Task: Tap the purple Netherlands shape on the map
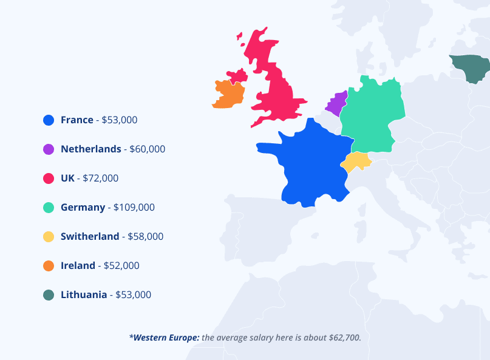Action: (x=336, y=104)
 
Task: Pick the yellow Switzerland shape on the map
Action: (x=356, y=161)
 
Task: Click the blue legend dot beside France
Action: (x=49, y=120)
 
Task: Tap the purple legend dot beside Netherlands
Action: (x=49, y=149)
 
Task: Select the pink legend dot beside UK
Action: (x=49, y=178)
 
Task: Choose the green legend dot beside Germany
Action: (x=49, y=208)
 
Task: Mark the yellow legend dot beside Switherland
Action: (x=49, y=237)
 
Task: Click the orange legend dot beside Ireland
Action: (x=49, y=266)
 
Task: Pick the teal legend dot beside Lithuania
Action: (x=49, y=295)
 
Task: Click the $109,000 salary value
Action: (x=134, y=208)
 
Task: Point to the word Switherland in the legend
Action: (x=90, y=237)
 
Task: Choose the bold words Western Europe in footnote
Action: (x=166, y=337)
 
